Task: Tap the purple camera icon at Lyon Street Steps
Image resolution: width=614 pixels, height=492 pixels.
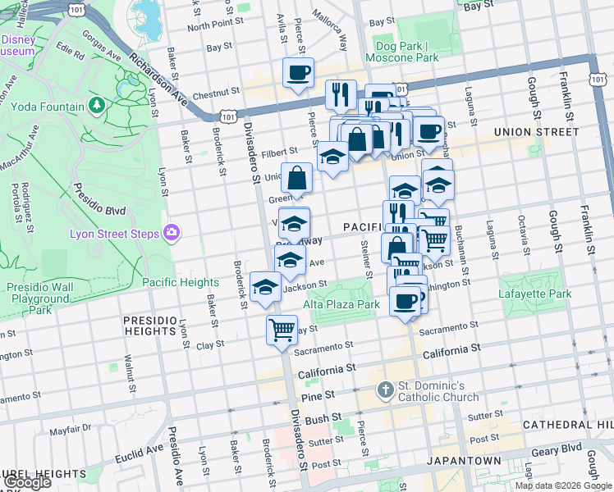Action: [x=171, y=234]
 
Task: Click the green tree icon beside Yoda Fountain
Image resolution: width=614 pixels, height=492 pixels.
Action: [x=97, y=105]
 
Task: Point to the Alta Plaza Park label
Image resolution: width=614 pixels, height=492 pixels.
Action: [x=341, y=304]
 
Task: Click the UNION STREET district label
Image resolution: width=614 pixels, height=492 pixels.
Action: [x=536, y=131]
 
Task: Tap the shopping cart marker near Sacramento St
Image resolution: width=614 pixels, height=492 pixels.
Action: [x=282, y=330]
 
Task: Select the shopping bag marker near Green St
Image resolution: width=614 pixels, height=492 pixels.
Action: [x=296, y=178]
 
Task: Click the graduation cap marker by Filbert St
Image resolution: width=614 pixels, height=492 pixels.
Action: [x=332, y=156]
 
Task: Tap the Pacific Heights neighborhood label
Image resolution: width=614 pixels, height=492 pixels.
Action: [x=181, y=282]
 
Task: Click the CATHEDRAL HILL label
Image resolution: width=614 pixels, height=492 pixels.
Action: [x=568, y=425]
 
